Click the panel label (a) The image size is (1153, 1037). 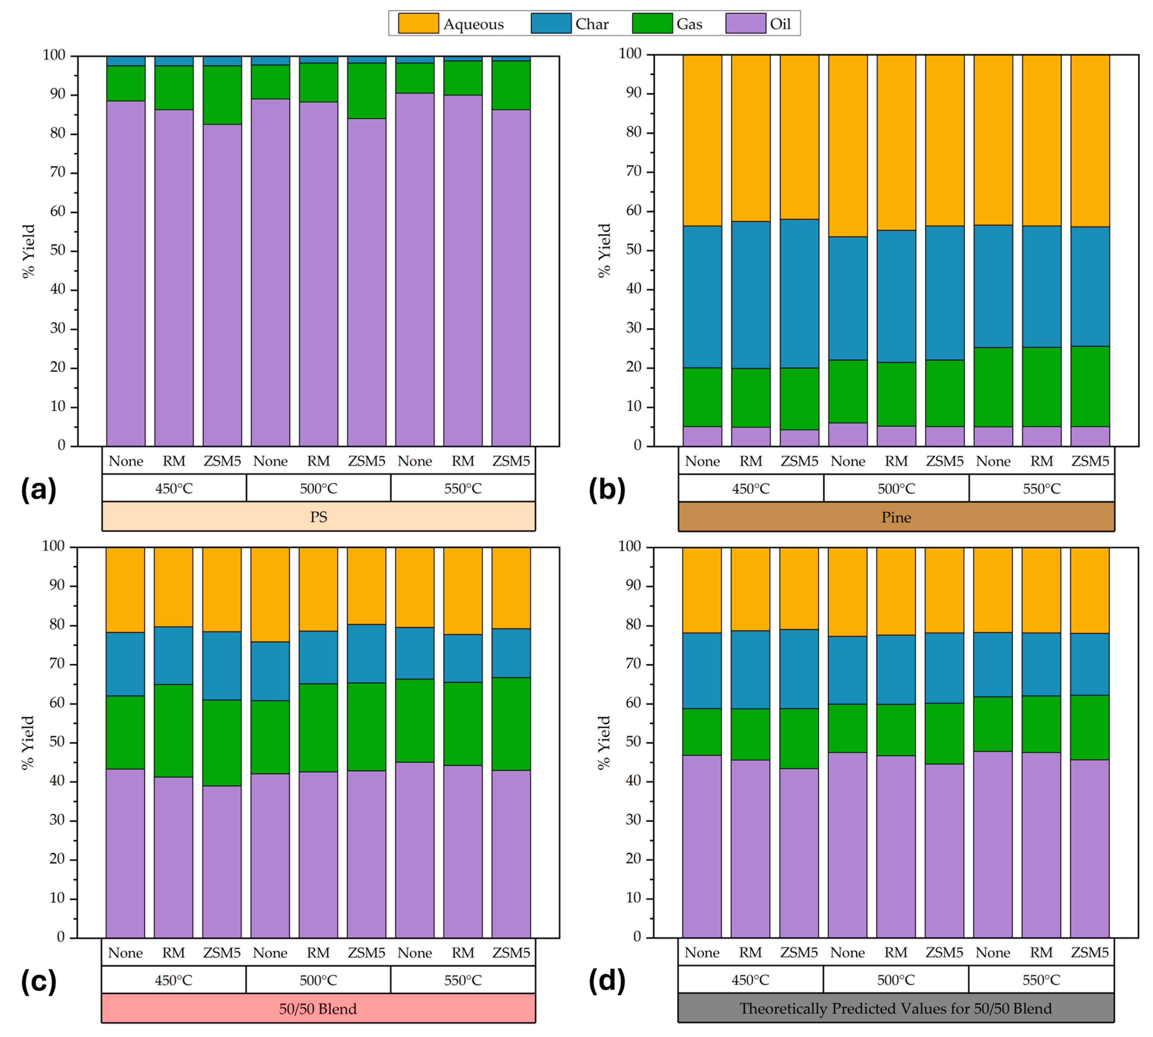pyautogui.click(x=39, y=489)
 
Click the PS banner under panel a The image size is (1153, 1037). pyautogui.click(x=319, y=517)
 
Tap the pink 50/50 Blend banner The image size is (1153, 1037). pyautogui.click(x=318, y=1009)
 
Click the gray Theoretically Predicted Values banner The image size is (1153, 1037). pyautogui.click(x=896, y=1009)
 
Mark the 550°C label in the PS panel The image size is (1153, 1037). pyautogui.click(x=462, y=488)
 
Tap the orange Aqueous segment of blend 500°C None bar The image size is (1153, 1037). pyautogui.click(x=270, y=594)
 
